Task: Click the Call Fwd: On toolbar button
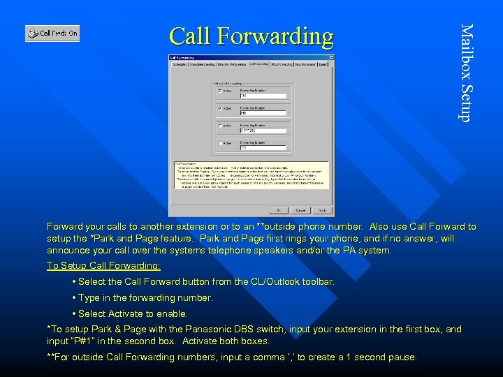[x=52, y=33]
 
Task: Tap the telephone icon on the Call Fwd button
[x=32, y=33]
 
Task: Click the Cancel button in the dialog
[x=300, y=209]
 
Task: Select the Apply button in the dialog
[x=322, y=209]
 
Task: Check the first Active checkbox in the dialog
[x=220, y=91]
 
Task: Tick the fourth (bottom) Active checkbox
[x=220, y=143]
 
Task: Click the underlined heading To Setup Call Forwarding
[x=103, y=266]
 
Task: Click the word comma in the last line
[x=266, y=357]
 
